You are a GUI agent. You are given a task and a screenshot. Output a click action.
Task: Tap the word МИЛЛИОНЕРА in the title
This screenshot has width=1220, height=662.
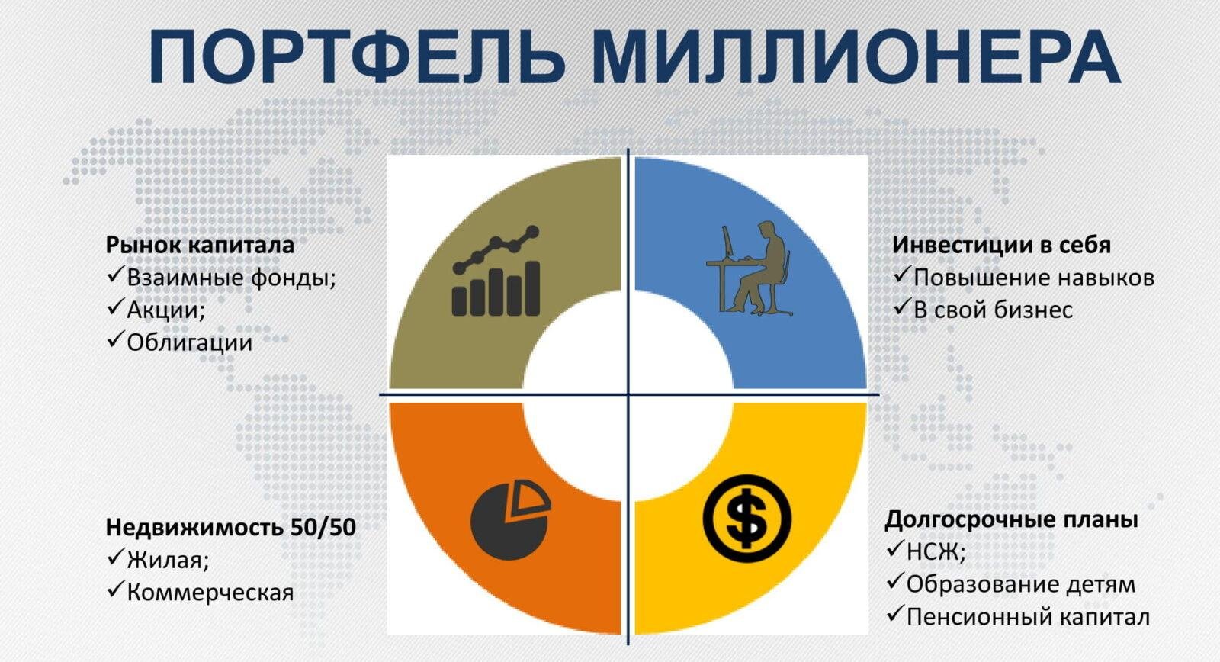(857, 57)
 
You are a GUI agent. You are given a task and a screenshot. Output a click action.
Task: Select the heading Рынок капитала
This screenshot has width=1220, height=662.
(200, 245)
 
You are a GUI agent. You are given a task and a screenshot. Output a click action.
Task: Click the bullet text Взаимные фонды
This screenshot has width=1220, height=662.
(231, 278)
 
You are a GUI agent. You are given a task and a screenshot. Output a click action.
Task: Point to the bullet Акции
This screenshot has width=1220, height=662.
(165, 310)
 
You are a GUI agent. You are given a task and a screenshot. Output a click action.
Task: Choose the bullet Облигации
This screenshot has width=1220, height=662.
(190, 342)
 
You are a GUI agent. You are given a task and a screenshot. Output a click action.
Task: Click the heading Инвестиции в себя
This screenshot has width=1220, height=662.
(1001, 245)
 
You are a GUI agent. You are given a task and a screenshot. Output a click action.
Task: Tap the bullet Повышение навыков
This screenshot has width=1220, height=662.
(1034, 278)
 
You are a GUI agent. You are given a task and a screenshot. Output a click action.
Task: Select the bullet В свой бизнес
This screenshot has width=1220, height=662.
(993, 310)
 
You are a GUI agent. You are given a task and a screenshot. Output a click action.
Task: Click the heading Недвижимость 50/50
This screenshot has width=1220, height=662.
(231, 528)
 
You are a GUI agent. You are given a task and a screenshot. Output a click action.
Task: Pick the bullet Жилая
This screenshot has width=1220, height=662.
(168, 560)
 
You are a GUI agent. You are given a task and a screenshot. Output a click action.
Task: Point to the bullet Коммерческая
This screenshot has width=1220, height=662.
(210, 593)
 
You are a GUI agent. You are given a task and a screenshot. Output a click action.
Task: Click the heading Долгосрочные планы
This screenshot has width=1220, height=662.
(1011, 520)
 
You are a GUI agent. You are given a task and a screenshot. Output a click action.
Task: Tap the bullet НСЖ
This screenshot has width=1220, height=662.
(936, 552)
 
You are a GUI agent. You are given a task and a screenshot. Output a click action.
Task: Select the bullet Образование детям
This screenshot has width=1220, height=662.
(1021, 585)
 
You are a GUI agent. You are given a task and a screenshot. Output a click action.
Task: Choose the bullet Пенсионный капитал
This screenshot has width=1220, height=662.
(1028, 617)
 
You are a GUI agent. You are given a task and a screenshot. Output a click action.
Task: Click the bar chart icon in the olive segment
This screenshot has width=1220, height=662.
(496, 271)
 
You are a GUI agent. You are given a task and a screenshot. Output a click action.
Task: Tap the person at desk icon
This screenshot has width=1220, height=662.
(750, 268)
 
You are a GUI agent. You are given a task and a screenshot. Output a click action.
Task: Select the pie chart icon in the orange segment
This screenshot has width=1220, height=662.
(510, 520)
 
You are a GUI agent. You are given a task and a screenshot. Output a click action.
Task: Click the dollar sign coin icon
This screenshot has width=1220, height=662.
(746, 518)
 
